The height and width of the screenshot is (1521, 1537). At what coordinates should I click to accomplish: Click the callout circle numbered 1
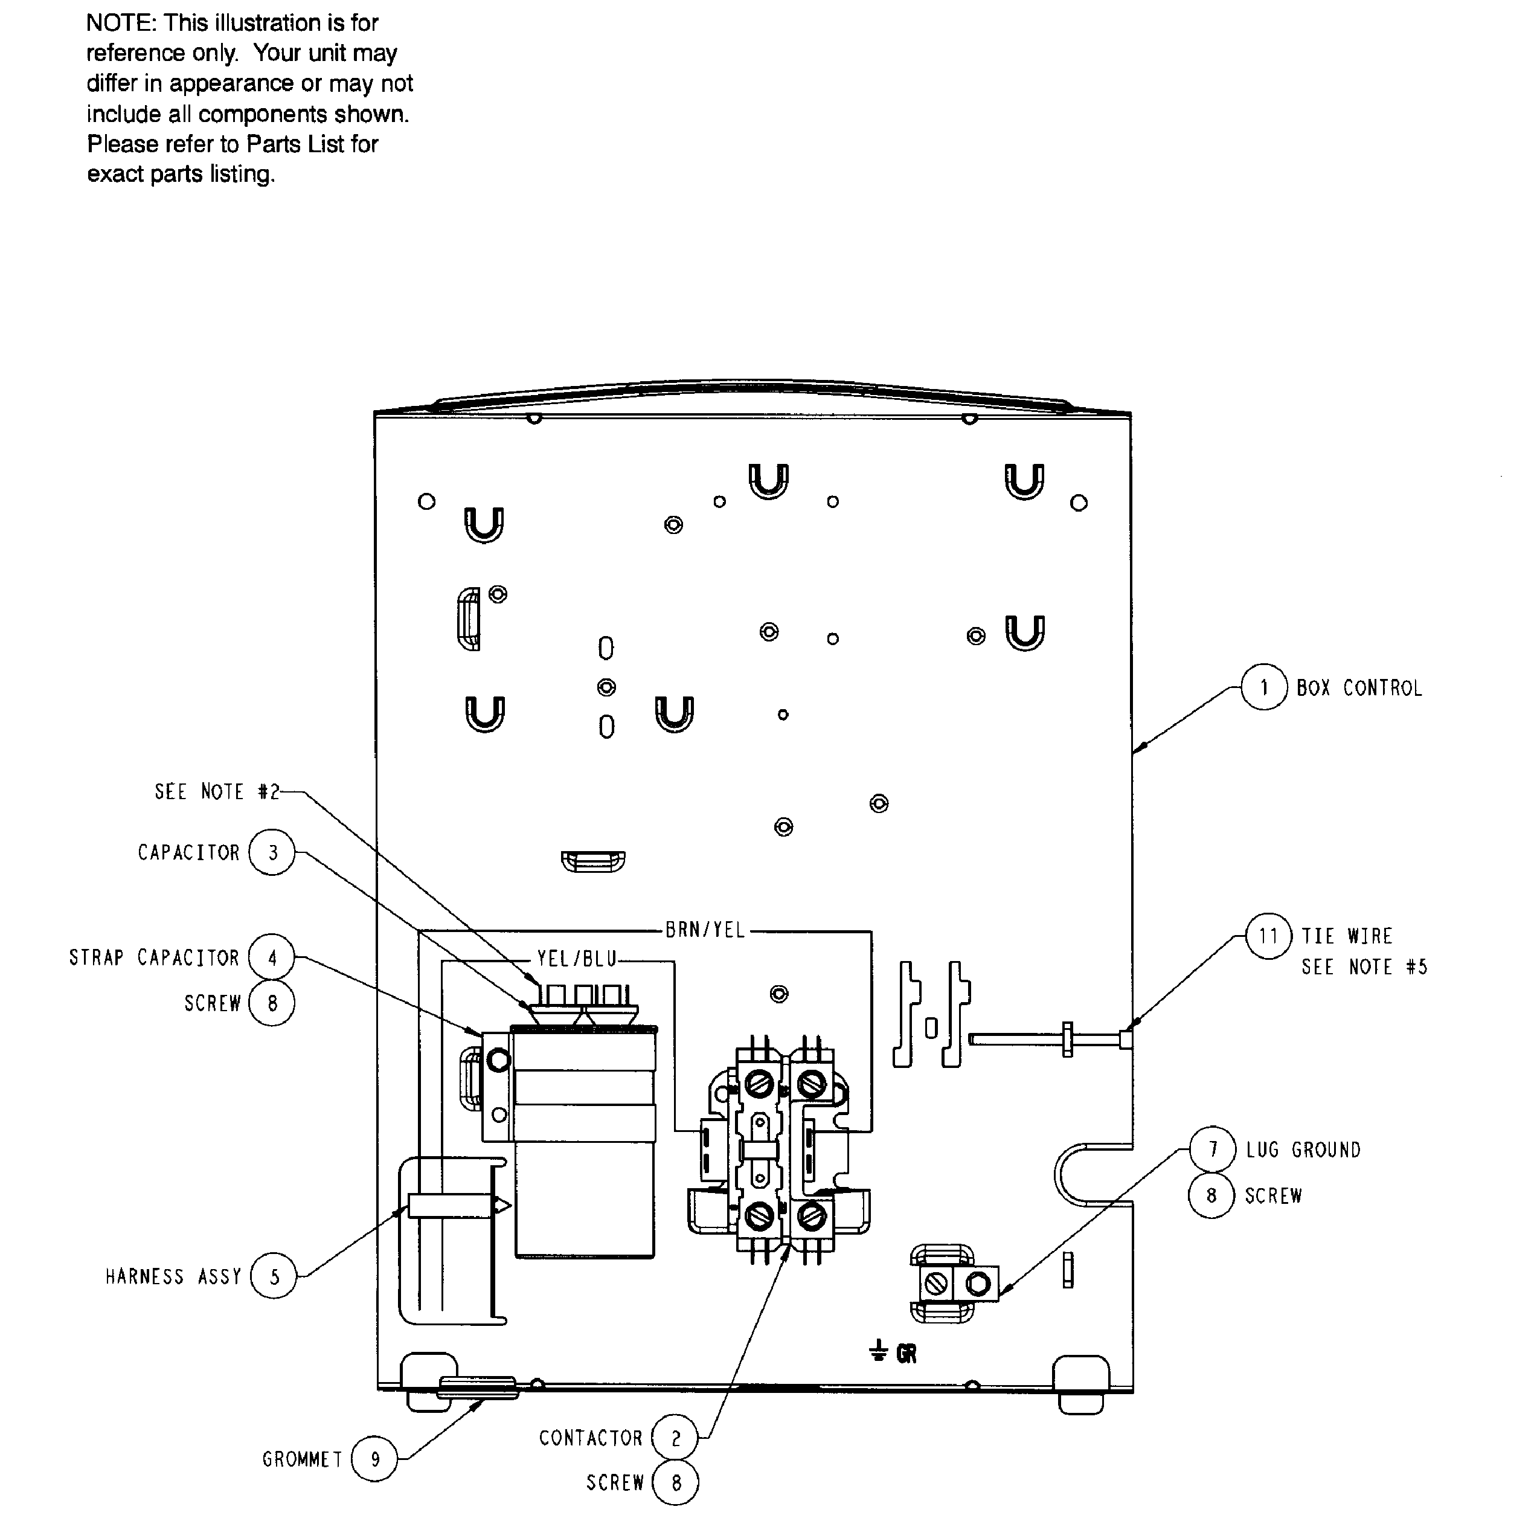click(x=1264, y=687)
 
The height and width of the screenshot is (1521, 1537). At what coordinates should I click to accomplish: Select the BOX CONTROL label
click(x=1359, y=688)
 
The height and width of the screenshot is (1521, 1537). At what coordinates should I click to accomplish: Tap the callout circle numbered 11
click(x=1268, y=936)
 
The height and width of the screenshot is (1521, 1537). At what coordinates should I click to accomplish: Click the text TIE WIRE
click(x=1347, y=936)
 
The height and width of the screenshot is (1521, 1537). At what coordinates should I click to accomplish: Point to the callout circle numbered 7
click(x=1213, y=1150)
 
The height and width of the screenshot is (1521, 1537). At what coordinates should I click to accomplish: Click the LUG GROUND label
click(x=1303, y=1150)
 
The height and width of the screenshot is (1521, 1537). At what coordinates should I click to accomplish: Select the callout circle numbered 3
click(x=272, y=853)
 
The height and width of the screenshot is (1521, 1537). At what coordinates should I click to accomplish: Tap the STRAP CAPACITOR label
click(x=153, y=958)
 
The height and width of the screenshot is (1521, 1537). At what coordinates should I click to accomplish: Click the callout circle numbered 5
click(x=274, y=1277)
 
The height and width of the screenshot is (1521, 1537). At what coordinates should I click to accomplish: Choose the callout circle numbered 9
click(x=374, y=1459)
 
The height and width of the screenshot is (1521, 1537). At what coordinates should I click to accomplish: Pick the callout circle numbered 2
click(x=675, y=1438)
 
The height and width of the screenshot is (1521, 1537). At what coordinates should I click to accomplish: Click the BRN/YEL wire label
click(x=705, y=930)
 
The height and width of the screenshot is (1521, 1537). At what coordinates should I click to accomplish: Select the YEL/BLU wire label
click(x=577, y=959)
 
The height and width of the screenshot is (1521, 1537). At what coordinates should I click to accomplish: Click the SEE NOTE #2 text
click(x=216, y=793)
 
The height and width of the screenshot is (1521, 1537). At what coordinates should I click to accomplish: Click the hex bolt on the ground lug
click(x=978, y=1284)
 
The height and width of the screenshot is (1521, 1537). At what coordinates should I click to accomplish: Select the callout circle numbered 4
click(x=272, y=958)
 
